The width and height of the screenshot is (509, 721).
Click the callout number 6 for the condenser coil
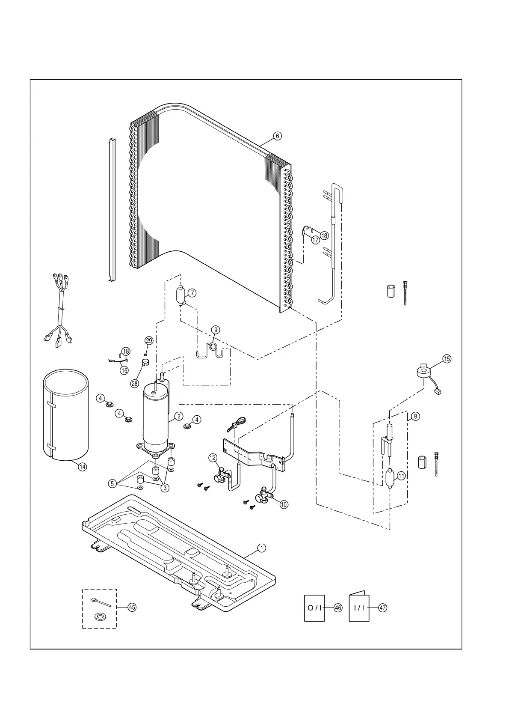[x=278, y=136]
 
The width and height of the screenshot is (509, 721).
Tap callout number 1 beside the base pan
[x=261, y=548]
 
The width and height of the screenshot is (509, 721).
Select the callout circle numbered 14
[x=82, y=467]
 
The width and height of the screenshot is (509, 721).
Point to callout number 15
[x=447, y=359]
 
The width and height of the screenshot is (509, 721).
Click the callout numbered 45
[x=132, y=607]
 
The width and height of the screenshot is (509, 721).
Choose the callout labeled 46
[x=338, y=608]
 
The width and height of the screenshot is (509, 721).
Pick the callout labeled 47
[x=382, y=608]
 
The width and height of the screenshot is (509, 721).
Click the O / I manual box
[x=314, y=608]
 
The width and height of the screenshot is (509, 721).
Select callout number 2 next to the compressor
[x=178, y=416]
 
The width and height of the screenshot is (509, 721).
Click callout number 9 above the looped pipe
[x=216, y=330]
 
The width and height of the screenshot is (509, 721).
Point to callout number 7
[x=192, y=293]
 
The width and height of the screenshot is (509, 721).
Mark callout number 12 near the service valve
[x=213, y=458]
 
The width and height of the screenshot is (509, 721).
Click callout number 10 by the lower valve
[x=284, y=504]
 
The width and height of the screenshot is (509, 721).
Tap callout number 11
[x=401, y=476]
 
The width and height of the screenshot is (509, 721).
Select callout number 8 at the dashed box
[x=415, y=416]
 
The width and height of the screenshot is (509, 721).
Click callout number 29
[x=148, y=341]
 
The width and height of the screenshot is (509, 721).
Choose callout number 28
[x=135, y=384]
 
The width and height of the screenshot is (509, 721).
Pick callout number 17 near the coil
[x=316, y=240]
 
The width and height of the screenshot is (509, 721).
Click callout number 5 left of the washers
[x=112, y=483]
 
